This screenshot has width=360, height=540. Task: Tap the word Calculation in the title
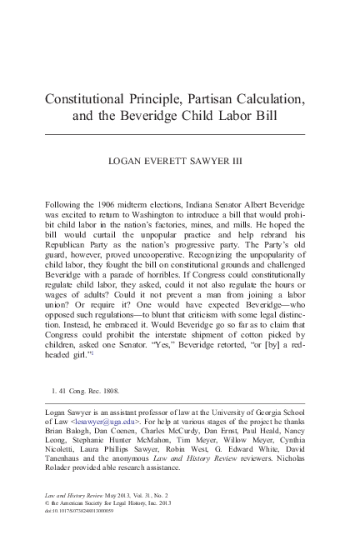tap(278, 98)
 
